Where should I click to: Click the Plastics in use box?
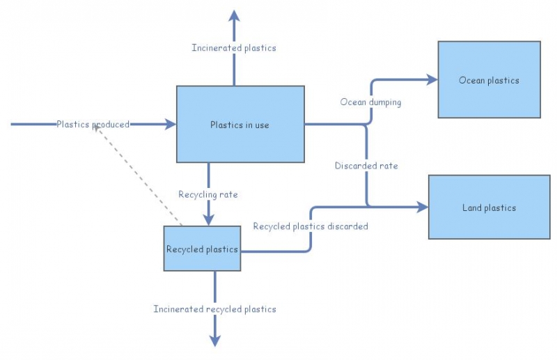[240, 125]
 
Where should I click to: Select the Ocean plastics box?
[489, 79]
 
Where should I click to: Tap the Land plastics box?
[489, 208]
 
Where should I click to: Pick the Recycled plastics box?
[202, 249]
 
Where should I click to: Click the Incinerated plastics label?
[234, 48]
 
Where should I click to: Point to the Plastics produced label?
[93, 125]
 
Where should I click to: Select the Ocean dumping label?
[370, 102]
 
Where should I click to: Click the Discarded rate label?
[366, 166]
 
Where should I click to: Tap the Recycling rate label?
[208, 194]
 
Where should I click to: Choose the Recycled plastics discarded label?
[311, 226]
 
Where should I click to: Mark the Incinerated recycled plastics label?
[214, 309]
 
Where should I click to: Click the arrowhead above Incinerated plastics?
[234, 15]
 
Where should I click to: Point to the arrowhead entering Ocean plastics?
[432, 79]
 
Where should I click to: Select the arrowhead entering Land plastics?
[422, 207]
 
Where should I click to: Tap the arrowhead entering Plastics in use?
[171, 125]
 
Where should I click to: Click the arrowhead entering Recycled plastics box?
[208, 220]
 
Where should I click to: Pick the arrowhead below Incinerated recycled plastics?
[214, 341]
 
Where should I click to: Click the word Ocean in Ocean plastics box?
[471, 80]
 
